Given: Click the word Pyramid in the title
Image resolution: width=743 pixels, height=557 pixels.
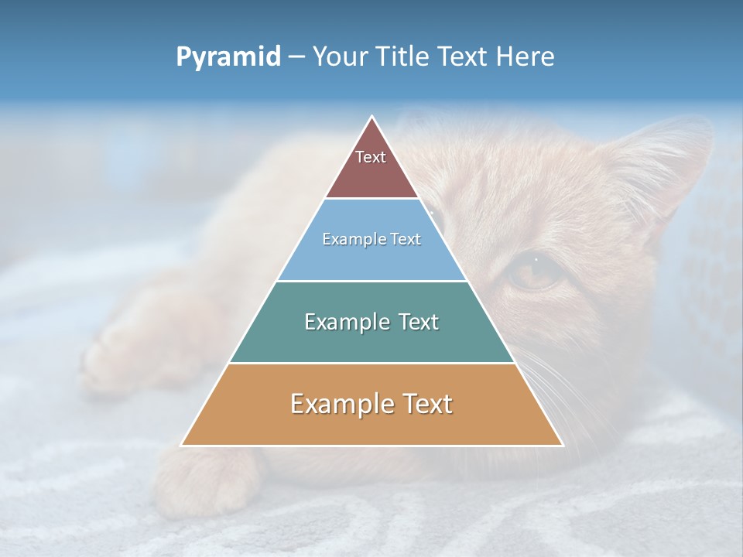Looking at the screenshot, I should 228,57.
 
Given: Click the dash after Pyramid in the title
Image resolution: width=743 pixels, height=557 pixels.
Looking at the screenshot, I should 296,57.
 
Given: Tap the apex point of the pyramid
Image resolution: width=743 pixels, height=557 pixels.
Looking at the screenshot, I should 372,117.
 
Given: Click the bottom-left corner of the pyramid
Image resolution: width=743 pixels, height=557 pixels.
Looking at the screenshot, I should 182,445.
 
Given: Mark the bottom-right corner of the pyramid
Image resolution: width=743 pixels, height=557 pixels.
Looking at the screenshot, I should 562,445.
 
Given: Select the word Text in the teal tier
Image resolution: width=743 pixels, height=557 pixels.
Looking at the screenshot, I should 415,322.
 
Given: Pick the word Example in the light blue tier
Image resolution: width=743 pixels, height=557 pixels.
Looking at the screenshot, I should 354,239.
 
